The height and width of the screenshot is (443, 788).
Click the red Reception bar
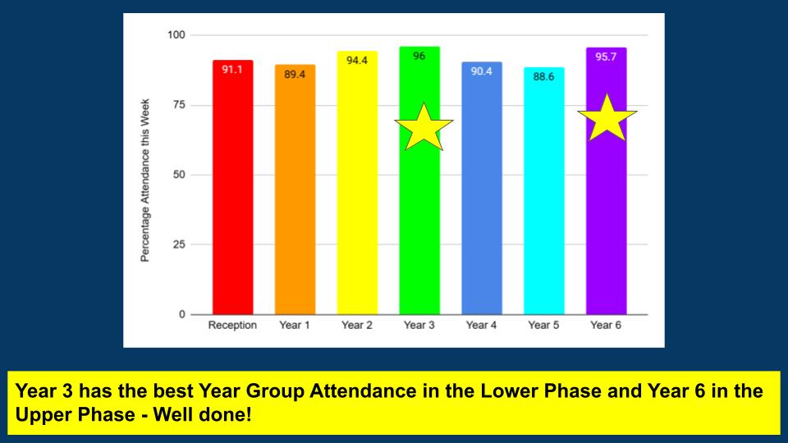coord(232,197)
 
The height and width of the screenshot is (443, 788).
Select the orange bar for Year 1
coord(295,197)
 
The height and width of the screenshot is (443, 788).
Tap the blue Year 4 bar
coord(481,197)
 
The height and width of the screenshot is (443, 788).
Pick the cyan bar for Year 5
coord(543,197)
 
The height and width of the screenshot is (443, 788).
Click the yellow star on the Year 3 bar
coord(424,128)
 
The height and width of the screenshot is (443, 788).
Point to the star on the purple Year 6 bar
coord(607,119)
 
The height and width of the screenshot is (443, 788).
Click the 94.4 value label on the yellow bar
coord(357,61)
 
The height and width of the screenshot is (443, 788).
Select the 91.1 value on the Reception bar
coord(232,70)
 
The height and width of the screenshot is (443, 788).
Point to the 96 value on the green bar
coord(419,57)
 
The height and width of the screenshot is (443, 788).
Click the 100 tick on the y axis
coord(176,35)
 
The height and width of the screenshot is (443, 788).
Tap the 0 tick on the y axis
coord(182,314)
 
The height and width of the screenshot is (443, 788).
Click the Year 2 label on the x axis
coord(357,326)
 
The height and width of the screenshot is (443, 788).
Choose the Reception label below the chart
coord(232,326)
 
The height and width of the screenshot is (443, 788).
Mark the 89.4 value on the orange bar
coord(295,75)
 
